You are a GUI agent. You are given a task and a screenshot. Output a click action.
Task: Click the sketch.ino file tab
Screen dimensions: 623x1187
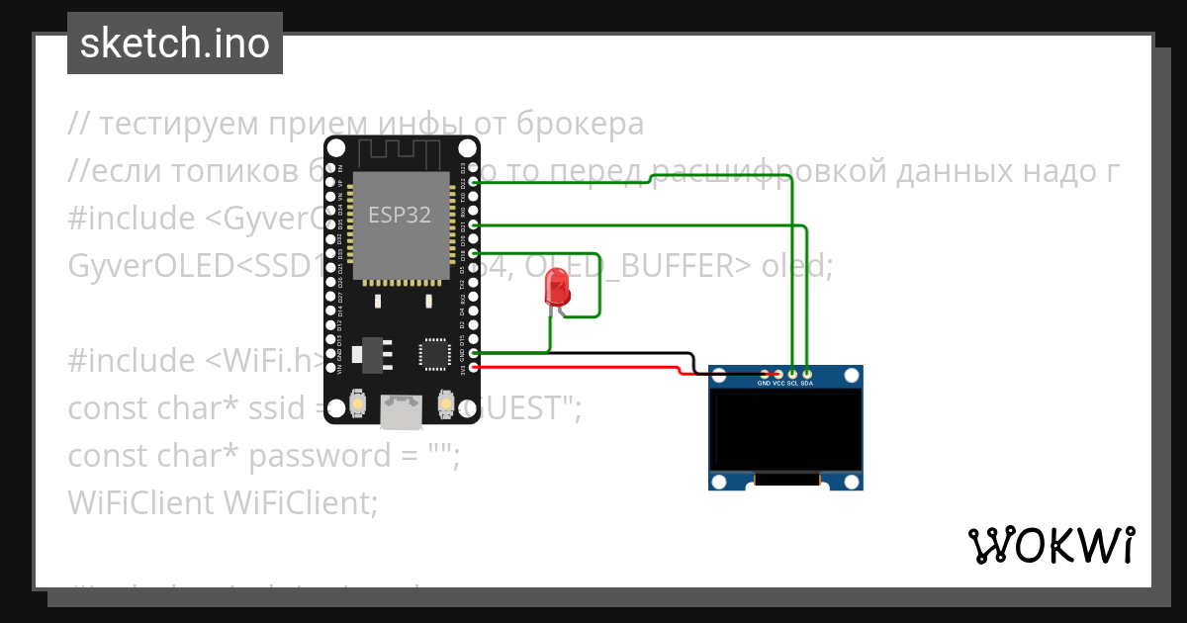click(175, 44)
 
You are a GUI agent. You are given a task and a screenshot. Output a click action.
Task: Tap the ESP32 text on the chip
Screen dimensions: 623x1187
click(400, 215)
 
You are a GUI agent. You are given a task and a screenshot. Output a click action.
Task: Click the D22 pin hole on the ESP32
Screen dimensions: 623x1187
click(474, 182)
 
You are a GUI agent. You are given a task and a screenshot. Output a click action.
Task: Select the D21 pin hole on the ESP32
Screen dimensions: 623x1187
click(474, 224)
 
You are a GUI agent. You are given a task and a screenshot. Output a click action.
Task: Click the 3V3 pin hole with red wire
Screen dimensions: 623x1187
click(474, 368)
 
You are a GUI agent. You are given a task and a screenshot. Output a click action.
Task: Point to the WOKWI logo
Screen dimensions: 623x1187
click(1050, 545)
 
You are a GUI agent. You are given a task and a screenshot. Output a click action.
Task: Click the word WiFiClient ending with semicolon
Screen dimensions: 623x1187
click(301, 503)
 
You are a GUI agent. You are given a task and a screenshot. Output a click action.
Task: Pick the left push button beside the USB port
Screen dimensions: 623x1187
click(359, 404)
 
